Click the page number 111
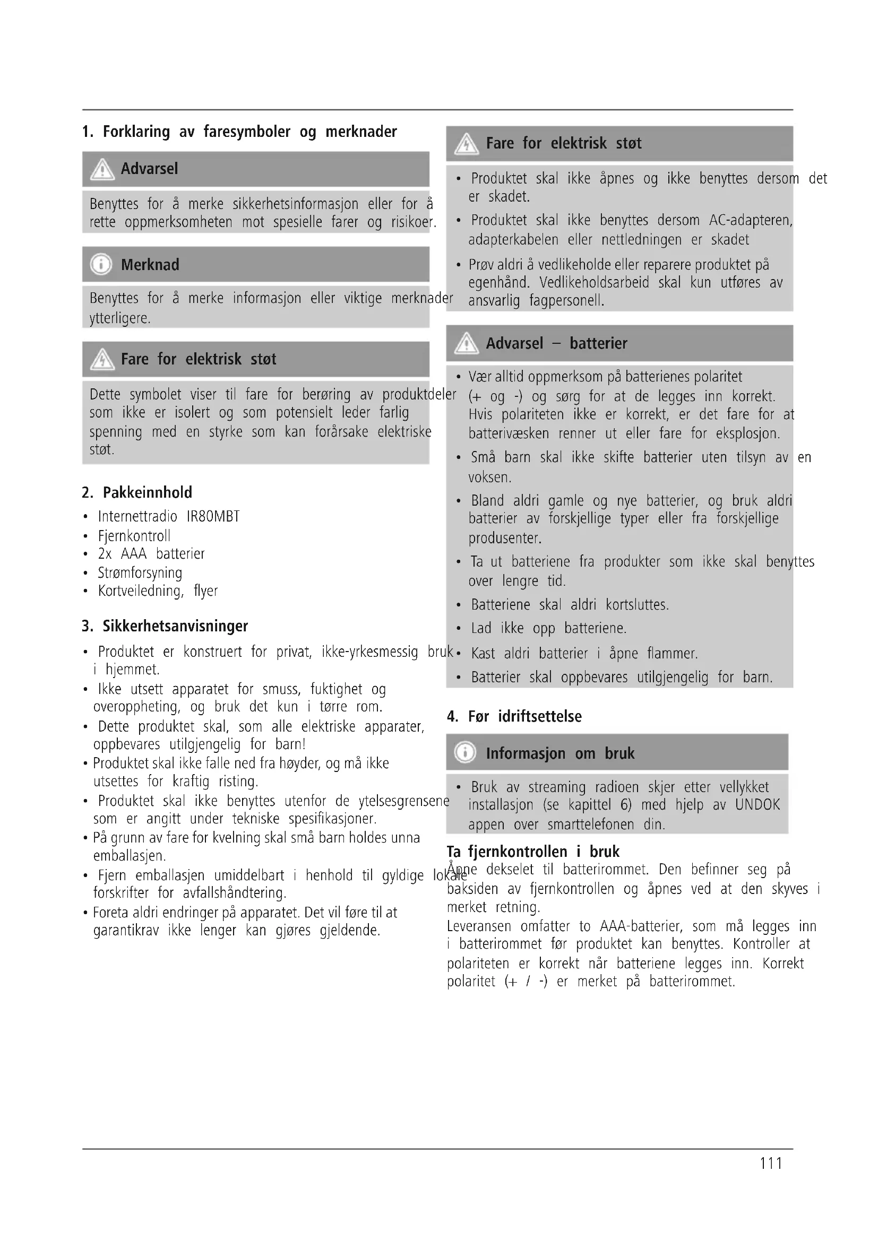click(770, 1162)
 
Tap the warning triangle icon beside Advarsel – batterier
click(466, 344)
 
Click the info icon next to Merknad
click(101, 265)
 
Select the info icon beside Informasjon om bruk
click(465, 752)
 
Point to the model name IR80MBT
click(213, 517)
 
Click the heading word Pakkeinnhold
click(148, 492)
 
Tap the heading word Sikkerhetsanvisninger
click(175, 626)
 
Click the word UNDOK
click(758, 805)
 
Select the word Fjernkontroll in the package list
click(134, 536)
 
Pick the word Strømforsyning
click(140, 572)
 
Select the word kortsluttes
click(637, 604)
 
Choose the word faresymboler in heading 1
click(246, 132)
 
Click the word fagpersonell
click(566, 300)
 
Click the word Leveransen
click(478, 926)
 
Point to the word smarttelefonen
click(590, 825)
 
